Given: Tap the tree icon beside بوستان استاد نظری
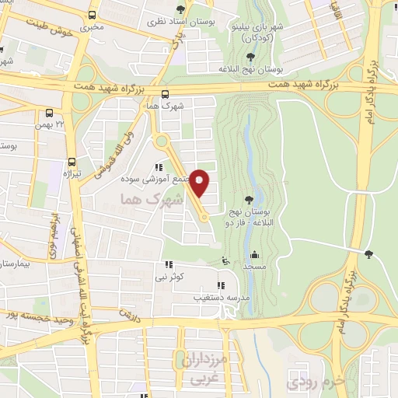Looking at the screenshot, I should pos(181,9).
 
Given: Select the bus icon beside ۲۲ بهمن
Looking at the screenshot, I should pos(50,113).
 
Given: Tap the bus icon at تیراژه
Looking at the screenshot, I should pos(72,162).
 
